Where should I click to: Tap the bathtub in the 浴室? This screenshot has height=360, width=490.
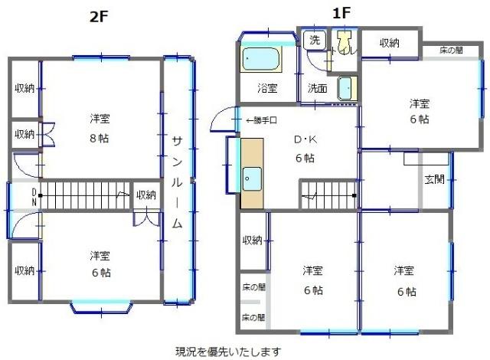tap(260, 59)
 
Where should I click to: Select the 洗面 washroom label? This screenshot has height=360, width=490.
tap(317, 88)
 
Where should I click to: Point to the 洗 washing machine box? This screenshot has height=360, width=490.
tap(314, 39)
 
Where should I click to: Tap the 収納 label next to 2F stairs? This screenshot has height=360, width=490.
tap(145, 195)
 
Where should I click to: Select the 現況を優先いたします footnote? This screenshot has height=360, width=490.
tap(228, 352)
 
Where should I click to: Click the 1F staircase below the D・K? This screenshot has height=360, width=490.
tap(328, 195)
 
